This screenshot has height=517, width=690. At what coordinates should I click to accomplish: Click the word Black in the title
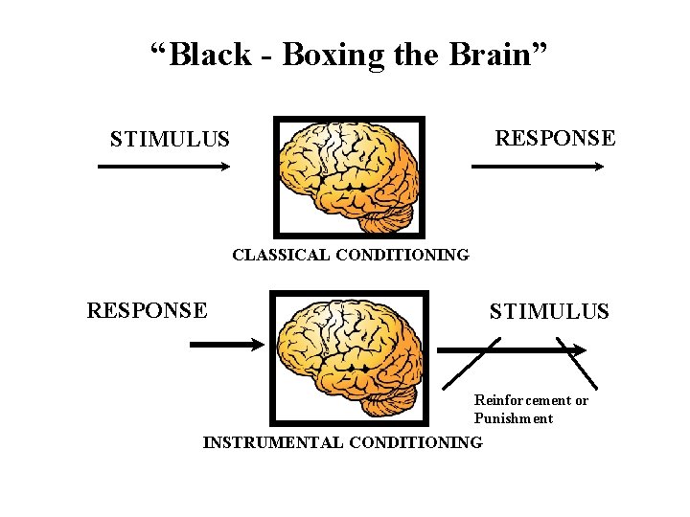coord(210,55)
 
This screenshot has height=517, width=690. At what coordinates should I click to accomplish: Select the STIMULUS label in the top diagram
coord(170,140)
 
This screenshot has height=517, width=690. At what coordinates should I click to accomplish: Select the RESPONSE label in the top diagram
coord(554,138)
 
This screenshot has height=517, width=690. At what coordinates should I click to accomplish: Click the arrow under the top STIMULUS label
coord(164,167)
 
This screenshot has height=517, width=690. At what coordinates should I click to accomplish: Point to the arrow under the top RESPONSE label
coord(538,167)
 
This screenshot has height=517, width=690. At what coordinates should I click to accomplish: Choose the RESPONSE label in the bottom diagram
coord(147,310)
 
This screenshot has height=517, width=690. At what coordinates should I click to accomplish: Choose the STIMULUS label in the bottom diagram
coord(549,311)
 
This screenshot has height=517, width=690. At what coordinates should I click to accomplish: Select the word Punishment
coord(514,418)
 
